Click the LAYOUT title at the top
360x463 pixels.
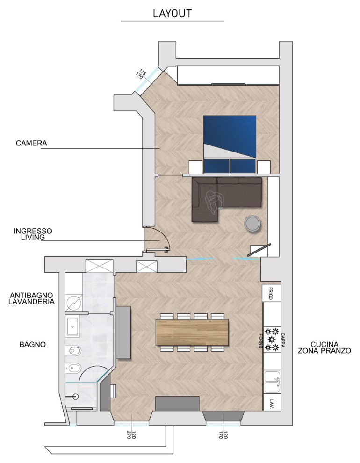click(173, 13)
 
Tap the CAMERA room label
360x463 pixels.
click(32, 143)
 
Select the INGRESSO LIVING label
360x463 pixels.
click(33, 234)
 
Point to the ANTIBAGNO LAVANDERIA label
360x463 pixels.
click(31, 298)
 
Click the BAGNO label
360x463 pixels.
click(32, 344)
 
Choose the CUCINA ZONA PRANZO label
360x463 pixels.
click(324, 347)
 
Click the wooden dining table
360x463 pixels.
click(192, 332)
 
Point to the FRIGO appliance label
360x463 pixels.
click(271, 293)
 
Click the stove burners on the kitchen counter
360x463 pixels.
click(272, 340)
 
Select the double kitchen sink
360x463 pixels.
click(272, 382)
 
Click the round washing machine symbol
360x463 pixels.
click(74, 303)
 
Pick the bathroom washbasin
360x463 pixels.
click(72, 326)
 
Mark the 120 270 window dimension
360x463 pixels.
click(131, 435)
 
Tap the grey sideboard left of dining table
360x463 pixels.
click(123, 333)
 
